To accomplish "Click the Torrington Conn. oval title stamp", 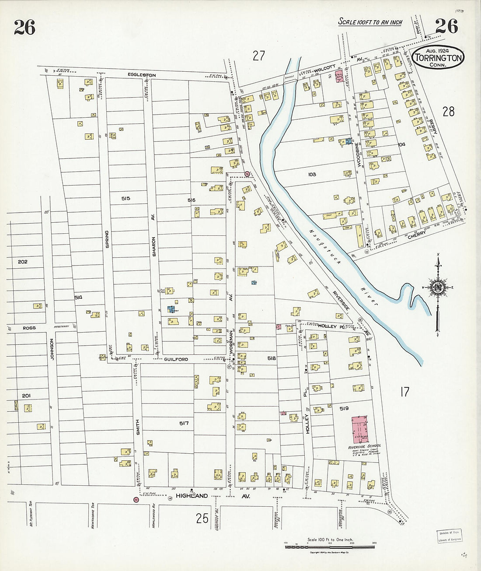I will coord(438,57).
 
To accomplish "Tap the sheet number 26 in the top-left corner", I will coord(24,27).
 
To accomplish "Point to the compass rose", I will coord(438,287).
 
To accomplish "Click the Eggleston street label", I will coord(142,75).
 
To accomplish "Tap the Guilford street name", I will coord(176,359).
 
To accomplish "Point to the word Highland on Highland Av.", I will coord(192,496).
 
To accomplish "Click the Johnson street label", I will coord(52,349).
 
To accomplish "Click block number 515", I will coord(126,199).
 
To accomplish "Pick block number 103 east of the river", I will coord(312,174).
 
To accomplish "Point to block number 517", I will coord(183,423).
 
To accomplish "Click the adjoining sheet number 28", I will coord(448,112).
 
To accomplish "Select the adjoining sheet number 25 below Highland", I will coord(202,518).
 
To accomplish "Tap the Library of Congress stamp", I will coord(450,536).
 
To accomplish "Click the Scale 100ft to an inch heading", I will coord(370,22).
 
